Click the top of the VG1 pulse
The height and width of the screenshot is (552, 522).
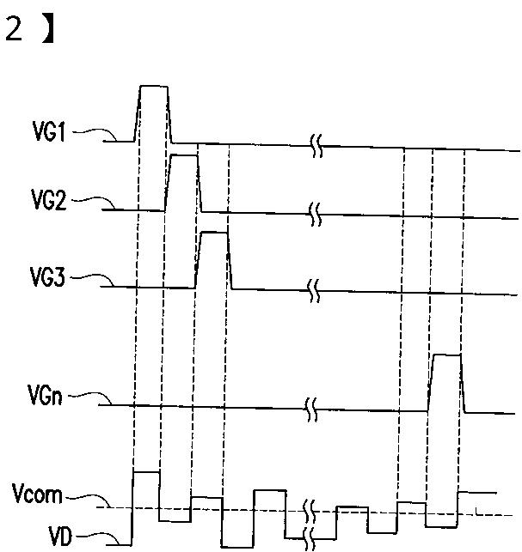pos(153,87)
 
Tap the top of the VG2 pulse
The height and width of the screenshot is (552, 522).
pos(183,156)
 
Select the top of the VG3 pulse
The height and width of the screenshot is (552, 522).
pos(213,233)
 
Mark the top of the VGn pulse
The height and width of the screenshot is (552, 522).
pos(446,354)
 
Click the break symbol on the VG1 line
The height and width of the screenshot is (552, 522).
pos(316,148)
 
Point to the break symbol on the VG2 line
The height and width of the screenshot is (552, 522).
pos(316,214)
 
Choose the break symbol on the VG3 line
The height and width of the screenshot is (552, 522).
pos(315,290)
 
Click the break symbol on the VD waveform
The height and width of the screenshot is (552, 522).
pos(311,529)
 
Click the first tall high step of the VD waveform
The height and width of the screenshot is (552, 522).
pos(145,472)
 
